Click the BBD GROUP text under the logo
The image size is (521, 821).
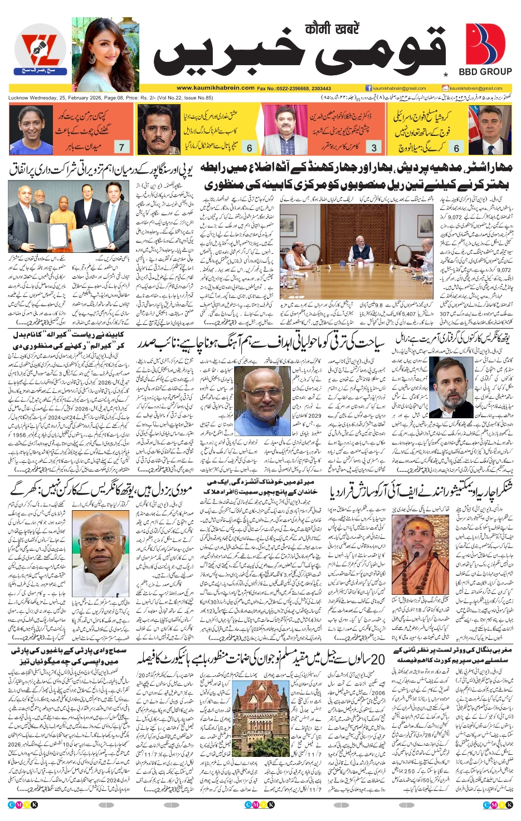[485, 72]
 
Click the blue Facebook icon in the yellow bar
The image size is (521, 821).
[368, 88]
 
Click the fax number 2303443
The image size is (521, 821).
[321, 89]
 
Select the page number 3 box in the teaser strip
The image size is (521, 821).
[374, 148]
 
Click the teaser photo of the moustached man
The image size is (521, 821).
[158, 130]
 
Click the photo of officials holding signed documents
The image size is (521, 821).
[66, 217]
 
